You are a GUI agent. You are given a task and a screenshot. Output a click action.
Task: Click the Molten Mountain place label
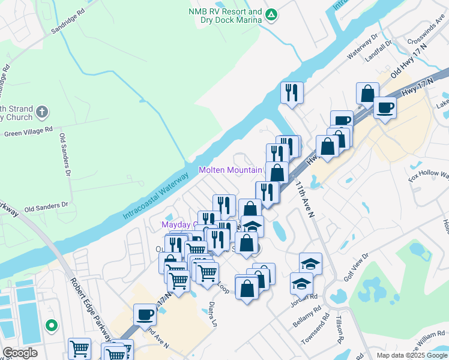[231, 170]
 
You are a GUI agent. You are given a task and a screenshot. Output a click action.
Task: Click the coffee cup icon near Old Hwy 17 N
[385, 108]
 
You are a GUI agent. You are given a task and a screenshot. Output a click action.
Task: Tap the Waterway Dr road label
[363, 50]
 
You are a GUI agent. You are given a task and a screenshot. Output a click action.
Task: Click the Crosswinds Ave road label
[424, 35]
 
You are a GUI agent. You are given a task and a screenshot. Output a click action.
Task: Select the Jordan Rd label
[306, 297]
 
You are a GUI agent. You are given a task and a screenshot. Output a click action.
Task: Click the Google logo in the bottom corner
[20, 353]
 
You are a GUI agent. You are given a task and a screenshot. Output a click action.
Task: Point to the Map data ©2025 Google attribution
[411, 355]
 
